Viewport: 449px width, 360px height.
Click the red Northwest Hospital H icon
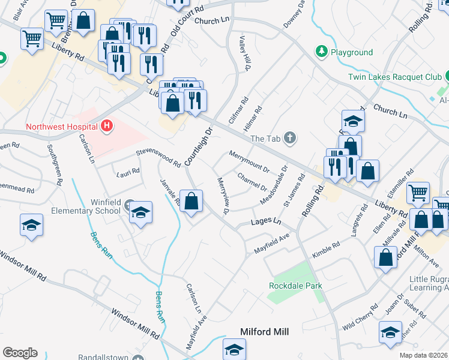(x=107, y=126)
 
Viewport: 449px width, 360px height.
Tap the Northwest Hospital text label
(x=62, y=127)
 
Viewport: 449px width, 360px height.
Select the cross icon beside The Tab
(x=290, y=139)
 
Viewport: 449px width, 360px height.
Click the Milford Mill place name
(x=265, y=332)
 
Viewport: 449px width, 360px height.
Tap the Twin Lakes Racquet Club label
(x=394, y=77)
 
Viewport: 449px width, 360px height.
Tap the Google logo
(x=20, y=353)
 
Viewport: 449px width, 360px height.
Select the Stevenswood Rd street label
(x=158, y=158)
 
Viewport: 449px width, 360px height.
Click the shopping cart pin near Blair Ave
(x=32, y=38)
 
